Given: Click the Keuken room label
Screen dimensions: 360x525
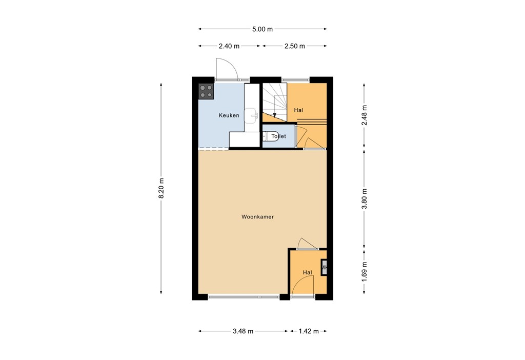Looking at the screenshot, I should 229,115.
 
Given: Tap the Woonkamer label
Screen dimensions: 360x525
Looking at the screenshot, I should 257,217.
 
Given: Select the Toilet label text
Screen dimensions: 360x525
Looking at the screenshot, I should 278,136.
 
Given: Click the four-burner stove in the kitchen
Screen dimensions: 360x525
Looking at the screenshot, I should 207,91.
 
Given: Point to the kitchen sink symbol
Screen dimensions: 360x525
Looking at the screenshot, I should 251,116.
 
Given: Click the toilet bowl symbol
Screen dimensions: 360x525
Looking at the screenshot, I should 267,136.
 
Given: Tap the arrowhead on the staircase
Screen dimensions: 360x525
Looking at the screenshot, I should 275,114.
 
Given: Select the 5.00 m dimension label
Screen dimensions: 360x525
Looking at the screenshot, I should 262,29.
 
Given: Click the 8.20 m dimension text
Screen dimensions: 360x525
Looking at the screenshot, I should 161,188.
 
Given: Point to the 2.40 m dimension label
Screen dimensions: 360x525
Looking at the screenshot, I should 229,46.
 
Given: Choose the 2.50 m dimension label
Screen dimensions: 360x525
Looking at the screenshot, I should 294,46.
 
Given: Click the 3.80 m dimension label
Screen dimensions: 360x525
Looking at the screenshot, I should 365,199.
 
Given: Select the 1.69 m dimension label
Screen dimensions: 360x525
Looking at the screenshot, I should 365,272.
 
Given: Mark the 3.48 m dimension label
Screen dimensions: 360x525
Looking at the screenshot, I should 243,331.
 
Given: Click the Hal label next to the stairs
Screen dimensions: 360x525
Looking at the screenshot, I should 298,110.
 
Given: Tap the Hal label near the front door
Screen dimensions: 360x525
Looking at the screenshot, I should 307,272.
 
